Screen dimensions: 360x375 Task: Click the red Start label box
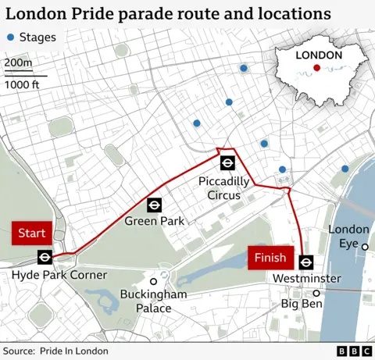32,233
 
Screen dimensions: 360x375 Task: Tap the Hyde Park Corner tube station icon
45,257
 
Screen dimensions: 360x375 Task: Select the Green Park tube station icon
155,205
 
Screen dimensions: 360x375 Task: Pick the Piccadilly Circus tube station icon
228,162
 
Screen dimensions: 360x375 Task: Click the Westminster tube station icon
306,262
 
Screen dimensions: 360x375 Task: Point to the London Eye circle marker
365,247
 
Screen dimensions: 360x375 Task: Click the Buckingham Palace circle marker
154,281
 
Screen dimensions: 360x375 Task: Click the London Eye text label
348,235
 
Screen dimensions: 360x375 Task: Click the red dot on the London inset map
316,68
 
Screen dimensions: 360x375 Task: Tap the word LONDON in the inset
319,55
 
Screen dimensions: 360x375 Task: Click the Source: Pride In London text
55,351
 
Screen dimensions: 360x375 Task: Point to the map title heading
167,14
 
